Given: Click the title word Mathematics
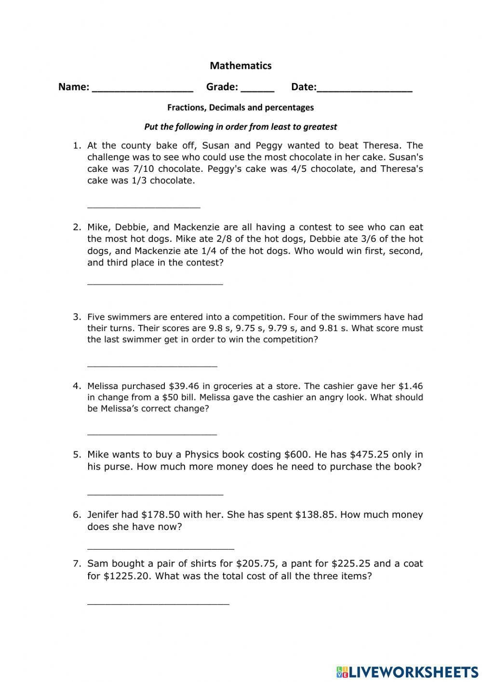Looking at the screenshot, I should click(241, 66).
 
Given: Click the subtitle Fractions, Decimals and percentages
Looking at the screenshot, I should click(241, 108).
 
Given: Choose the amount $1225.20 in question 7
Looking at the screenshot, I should click(125, 576).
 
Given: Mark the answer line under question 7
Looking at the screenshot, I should click(158, 603).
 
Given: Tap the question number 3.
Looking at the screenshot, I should click(77, 317).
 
